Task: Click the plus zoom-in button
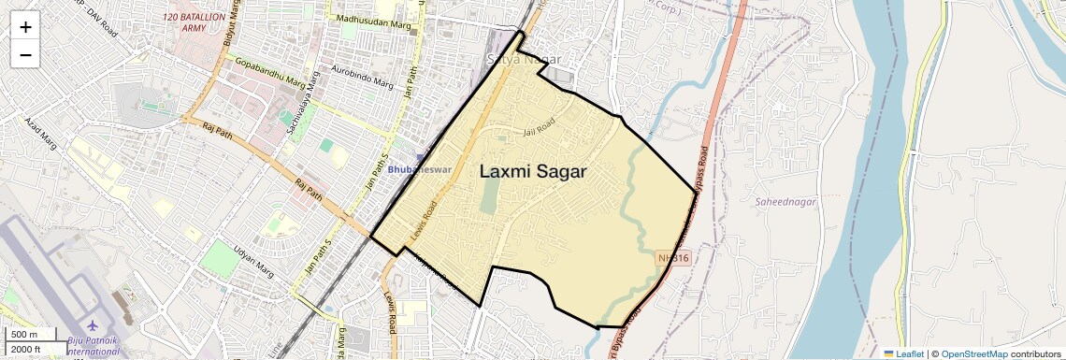(25, 26)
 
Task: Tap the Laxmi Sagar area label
(533, 171)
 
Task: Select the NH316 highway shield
(672, 257)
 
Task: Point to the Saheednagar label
(785, 201)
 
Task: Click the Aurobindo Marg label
(363, 78)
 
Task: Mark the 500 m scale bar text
(24, 335)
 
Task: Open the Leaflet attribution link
(903, 353)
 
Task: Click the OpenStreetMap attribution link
(973, 353)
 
